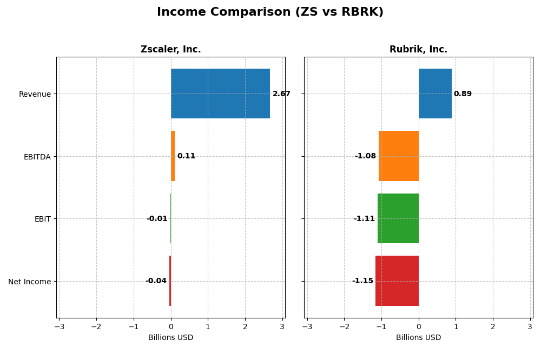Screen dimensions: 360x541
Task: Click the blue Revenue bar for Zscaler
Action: (220, 94)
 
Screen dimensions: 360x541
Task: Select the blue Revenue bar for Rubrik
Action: (435, 94)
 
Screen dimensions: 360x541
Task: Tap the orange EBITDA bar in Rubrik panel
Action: (399, 156)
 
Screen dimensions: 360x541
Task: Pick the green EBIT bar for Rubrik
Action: (398, 218)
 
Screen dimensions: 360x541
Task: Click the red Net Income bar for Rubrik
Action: (397, 281)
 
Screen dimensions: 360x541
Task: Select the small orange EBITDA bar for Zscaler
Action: (173, 156)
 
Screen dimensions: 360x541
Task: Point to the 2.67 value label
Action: (281, 94)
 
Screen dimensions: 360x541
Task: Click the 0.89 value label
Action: (463, 94)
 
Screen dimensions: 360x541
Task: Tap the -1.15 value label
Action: (362, 281)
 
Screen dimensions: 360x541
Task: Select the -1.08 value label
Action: (365, 156)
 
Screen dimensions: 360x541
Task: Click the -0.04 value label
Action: (156, 281)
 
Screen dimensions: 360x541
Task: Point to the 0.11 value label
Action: (186, 156)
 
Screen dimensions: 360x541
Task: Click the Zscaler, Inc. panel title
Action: (170, 50)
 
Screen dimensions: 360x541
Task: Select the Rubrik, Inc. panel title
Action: (418, 50)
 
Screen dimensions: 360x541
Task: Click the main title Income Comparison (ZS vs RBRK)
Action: (270, 12)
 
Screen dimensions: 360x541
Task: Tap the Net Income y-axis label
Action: (30, 282)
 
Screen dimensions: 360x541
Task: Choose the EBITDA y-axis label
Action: (37, 157)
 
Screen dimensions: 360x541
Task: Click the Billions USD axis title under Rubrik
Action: (418, 338)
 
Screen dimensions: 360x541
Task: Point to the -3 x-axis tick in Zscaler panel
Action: (59, 326)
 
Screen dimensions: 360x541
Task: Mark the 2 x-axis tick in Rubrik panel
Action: (493, 326)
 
